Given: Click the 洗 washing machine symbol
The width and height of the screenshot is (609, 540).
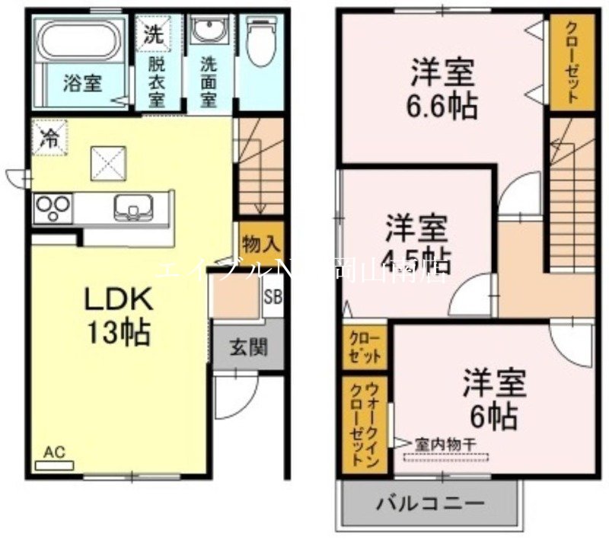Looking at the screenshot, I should pyautogui.click(x=153, y=33).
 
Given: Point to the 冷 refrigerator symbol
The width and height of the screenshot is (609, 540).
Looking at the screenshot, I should pyautogui.click(x=49, y=138).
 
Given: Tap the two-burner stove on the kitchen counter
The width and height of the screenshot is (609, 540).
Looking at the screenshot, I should pyautogui.click(x=53, y=208).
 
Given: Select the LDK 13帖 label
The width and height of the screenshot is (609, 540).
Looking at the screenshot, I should pyautogui.click(x=118, y=316).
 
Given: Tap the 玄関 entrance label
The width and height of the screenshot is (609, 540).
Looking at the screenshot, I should pyautogui.click(x=248, y=350).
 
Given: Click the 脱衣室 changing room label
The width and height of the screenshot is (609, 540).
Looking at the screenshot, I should pyautogui.click(x=156, y=81).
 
